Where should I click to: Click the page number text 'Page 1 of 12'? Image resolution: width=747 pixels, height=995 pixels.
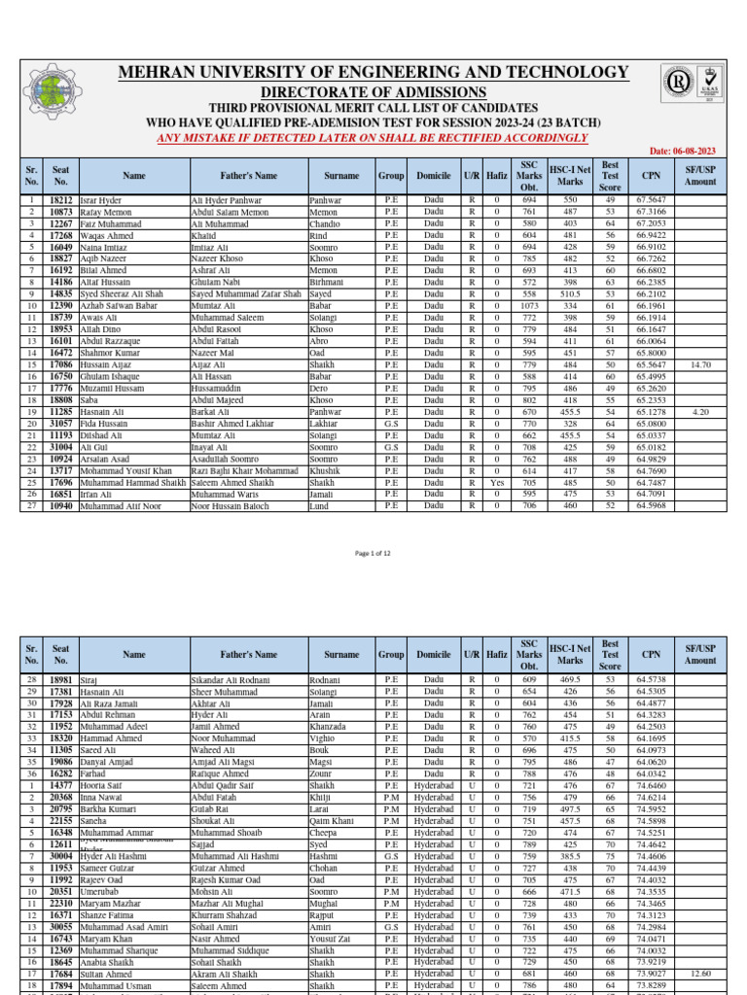coord(373,552)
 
